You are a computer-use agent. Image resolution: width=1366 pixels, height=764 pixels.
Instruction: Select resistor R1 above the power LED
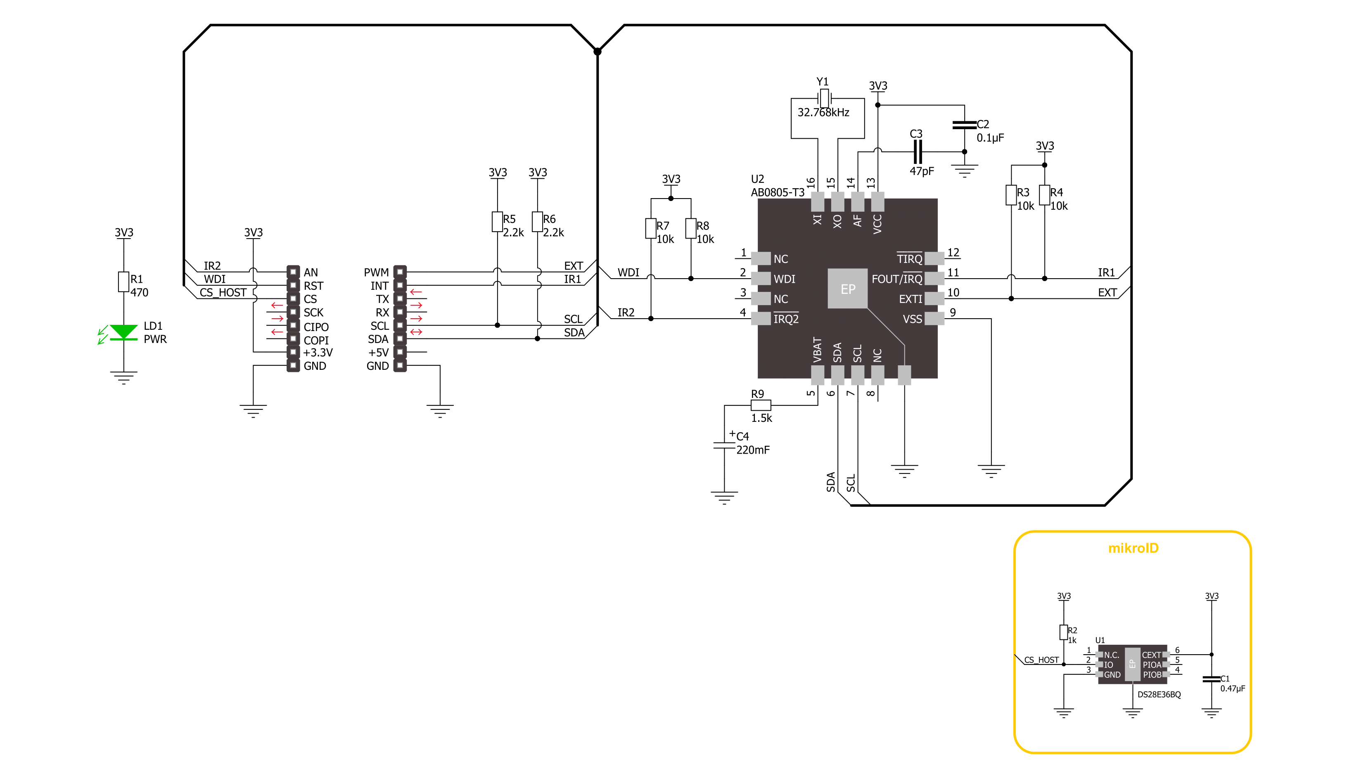click(x=123, y=282)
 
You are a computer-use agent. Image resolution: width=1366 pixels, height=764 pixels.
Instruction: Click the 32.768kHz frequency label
click(x=823, y=112)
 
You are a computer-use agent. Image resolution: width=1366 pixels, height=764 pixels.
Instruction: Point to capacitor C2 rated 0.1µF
click(x=964, y=125)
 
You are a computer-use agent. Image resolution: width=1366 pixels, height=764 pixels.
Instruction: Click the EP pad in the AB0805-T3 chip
click(x=847, y=289)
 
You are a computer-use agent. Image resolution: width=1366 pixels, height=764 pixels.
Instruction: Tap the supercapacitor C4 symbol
click(x=724, y=445)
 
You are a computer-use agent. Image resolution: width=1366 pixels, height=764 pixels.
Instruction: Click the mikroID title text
click(x=1133, y=548)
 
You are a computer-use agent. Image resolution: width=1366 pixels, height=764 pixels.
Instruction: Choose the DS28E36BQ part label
click(x=1159, y=695)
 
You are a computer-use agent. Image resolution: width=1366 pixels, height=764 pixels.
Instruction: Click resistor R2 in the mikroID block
click(x=1063, y=632)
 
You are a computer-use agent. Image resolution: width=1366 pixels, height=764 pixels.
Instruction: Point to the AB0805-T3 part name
click(x=778, y=192)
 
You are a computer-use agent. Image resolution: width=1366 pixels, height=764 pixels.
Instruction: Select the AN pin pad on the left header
click(x=293, y=272)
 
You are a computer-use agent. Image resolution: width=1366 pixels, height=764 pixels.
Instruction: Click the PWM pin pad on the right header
click(x=401, y=272)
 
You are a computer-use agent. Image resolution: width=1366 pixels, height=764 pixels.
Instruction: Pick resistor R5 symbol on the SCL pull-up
click(x=497, y=222)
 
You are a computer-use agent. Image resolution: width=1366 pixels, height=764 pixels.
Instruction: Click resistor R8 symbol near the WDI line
click(x=690, y=229)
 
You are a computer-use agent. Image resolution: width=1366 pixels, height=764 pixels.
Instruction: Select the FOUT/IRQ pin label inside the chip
click(x=897, y=279)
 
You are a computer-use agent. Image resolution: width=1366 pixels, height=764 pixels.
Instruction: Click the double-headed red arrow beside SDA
click(x=416, y=332)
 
